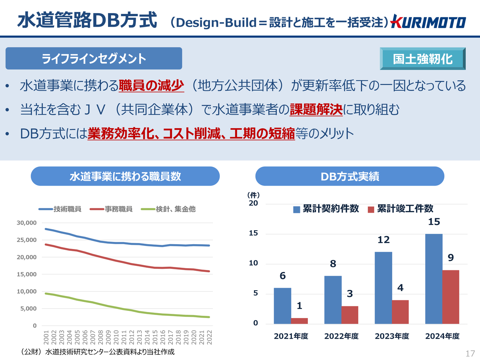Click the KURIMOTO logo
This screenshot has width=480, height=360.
point(428,22)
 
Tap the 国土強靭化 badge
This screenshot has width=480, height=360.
point(423,59)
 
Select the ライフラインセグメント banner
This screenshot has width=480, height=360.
point(94,58)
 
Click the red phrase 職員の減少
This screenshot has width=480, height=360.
point(151,85)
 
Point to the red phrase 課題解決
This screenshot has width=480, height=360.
point(316,109)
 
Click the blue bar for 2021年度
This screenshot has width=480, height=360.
point(282,306)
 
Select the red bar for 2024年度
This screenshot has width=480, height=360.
point(451,297)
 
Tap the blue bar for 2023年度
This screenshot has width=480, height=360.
point(383,288)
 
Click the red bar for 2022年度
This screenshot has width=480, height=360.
point(349,315)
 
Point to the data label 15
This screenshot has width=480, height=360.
point(434,222)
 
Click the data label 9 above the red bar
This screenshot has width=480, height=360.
point(451,258)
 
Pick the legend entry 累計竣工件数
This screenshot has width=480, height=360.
point(401,209)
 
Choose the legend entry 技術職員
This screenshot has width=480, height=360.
point(60,209)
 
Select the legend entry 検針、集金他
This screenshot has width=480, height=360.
point(168,209)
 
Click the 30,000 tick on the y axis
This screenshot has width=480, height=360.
point(27,223)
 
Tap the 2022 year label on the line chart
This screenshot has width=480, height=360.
point(210,337)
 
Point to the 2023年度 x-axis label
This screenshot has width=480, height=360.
point(392,336)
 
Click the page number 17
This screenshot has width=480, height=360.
point(470,353)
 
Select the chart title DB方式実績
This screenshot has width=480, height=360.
point(350,176)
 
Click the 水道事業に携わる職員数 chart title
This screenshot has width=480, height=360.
point(125,176)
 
